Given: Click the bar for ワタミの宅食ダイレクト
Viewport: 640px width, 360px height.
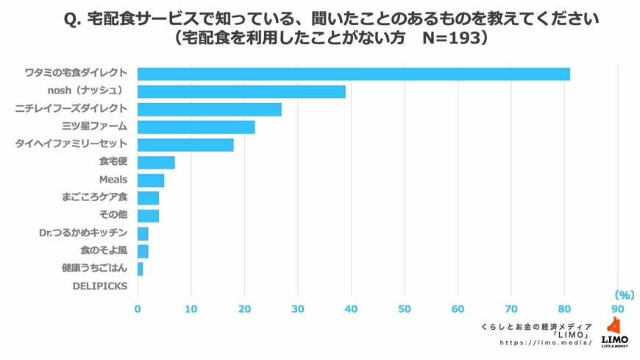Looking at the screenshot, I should click(x=353, y=74).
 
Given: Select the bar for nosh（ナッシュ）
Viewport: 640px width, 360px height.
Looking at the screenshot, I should click(x=241, y=91).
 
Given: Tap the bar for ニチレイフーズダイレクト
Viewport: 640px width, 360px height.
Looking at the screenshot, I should click(x=210, y=109).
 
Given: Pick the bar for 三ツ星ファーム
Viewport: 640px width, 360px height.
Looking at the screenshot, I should click(x=196, y=127).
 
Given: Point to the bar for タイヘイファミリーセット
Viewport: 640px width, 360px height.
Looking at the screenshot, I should click(x=185, y=144).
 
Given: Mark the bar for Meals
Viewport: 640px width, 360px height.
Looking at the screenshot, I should click(x=151, y=180).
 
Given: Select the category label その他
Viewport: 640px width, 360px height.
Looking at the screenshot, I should click(x=113, y=215).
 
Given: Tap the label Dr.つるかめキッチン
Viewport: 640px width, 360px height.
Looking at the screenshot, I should click(x=84, y=233).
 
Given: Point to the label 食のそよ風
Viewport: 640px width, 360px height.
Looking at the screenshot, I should click(x=103, y=250).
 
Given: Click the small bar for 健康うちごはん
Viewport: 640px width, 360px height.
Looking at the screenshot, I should click(x=141, y=269).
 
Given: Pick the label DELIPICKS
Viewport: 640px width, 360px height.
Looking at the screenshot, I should click(x=99, y=286).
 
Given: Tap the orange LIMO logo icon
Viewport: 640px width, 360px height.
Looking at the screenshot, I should click(x=614, y=326).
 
